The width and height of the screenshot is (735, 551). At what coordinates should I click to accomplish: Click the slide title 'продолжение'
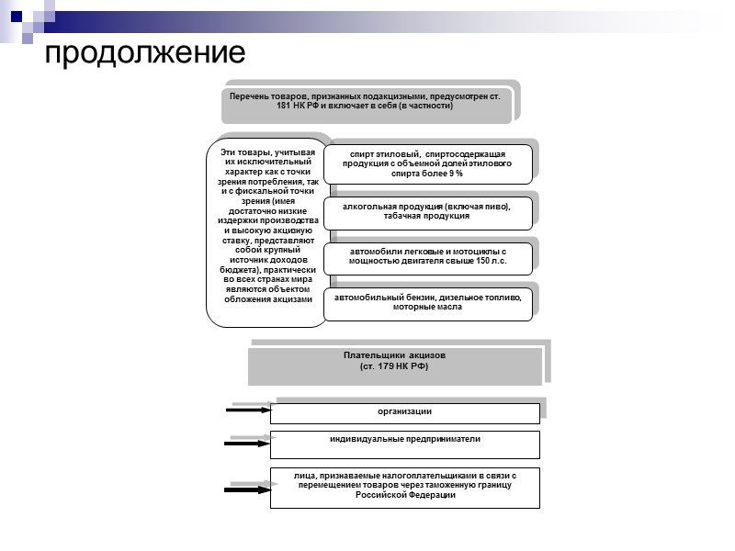coord(145,53)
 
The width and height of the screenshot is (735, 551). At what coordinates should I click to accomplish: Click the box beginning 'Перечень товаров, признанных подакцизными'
coord(366,101)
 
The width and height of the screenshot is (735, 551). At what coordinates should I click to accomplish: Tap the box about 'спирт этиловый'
coord(427,163)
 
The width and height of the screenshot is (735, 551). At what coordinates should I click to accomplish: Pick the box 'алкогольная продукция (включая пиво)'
coord(427,212)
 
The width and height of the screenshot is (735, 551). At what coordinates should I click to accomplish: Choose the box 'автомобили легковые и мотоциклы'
coord(427,256)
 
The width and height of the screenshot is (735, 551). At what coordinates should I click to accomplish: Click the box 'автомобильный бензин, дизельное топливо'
coord(427,303)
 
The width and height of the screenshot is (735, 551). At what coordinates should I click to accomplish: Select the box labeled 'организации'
coord(404,412)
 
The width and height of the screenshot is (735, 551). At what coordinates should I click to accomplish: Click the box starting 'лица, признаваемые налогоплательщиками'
coord(404,487)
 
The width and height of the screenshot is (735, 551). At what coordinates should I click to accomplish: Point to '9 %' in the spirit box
coord(456,174)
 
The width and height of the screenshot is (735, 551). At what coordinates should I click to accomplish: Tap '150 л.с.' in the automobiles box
coord(488,262)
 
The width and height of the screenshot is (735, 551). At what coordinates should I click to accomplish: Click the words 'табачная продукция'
coord(427,217)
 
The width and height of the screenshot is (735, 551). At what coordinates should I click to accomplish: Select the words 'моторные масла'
coord(427,308)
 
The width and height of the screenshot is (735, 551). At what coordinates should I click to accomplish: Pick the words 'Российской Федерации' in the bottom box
coord(405,497)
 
